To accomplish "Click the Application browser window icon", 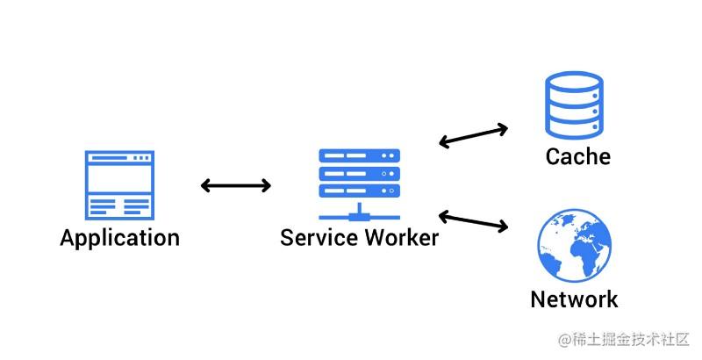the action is [119, 185].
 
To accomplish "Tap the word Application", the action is [120, 238].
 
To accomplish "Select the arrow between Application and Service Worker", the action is [236, 185].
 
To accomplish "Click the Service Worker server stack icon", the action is [359, 184].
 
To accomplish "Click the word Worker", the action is [402, 237].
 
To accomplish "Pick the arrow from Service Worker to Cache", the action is [473, 136].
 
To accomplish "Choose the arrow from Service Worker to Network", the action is [473, 221].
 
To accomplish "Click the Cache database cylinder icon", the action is [574, 104].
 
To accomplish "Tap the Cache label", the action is [578, 156].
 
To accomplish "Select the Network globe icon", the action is [575, 245].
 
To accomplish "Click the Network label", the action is [574, 299].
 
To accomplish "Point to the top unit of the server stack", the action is [359, 155].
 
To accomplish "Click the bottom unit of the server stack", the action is [359, 191].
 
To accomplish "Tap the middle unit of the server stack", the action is [359, 173].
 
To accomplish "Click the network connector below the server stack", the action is [359, 216].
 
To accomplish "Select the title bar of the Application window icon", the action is [119, 158].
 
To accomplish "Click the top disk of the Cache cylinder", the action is [574, 83].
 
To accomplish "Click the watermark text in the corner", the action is [624, 340].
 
